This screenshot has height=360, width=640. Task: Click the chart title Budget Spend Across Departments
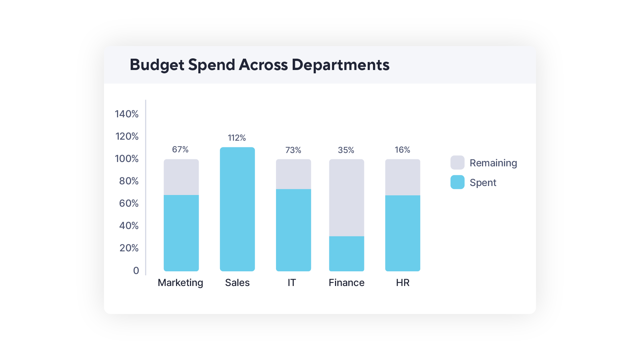(x=259, y=65)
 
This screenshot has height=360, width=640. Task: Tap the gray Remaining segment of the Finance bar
(x=346, y=197)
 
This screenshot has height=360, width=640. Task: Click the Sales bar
(x=237, y=209)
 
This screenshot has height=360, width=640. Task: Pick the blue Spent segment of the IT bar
(x=293, y=230)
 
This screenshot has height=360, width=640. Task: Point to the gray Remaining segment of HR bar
(x=402, y=177)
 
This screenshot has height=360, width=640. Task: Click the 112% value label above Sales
(x=237, y=138)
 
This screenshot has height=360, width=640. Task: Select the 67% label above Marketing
(x=180, y=149)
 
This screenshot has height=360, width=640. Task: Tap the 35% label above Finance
(x=346, y=150)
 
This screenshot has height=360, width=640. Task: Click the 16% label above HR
(x=402, y=150)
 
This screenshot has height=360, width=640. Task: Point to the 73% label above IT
(x=293, y=150)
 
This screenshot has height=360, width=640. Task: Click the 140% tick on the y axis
(x=127, y=114)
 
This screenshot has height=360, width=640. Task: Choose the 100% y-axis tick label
(x=127, y=159)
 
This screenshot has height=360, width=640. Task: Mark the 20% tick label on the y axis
(x=129, y=248)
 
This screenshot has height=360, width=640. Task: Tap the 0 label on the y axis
(x=136, y=270)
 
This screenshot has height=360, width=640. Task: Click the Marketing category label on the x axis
(x=180, y=283)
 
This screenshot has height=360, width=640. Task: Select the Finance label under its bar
(x=346, y=283)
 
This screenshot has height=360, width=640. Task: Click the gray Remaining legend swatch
(x=457, y=163)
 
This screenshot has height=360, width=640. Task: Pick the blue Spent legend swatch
(x=457, y=182)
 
